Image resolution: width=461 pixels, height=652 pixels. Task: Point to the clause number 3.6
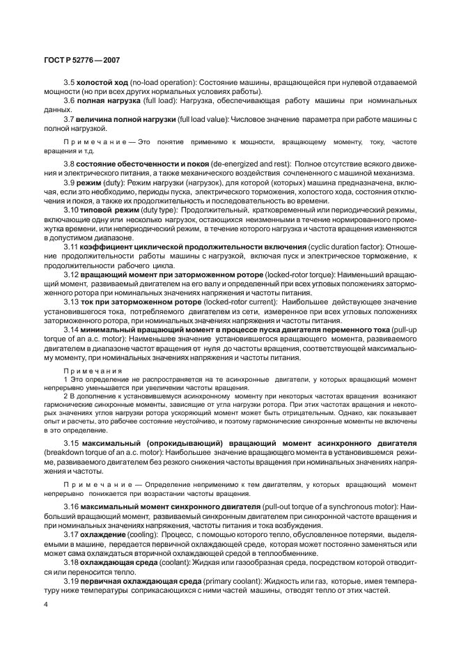69,101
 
